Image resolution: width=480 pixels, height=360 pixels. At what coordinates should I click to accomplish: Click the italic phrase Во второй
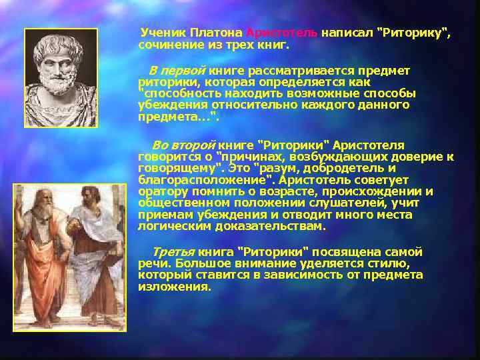[183, 145]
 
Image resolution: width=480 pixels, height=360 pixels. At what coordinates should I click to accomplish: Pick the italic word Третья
[173, 252]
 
